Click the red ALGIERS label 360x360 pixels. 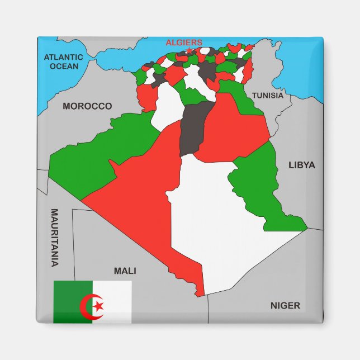(184, 42)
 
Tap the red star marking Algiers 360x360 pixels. (188, 51)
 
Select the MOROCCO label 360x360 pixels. (87, 106)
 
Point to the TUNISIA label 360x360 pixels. (267, 96)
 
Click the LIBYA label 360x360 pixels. (302, 165)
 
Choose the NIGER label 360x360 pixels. (285, 306)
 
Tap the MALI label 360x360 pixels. (125, 271)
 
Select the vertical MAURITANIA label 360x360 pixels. (55, 237)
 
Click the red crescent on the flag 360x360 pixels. (88, 306)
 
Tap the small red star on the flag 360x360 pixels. (99, 306)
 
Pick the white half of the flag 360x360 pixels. (116, 302)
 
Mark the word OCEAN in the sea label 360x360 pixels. (64, 66)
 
